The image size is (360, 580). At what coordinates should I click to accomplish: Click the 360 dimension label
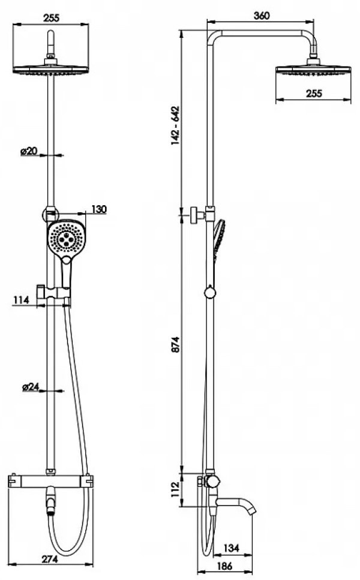(x=262, y=16)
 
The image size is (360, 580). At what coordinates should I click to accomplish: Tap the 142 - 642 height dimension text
(x=175, y=126)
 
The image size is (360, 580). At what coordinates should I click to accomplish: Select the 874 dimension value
(x=175, y=344)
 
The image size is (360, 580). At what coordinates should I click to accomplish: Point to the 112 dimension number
(x=175, y=489)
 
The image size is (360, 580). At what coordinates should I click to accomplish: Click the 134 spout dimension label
(x=232, y=548)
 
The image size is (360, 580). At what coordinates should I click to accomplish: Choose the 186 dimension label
(x=224, y=566)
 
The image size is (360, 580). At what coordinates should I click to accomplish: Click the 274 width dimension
(x=50, y=559)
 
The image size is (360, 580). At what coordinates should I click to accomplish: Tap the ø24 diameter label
(x=31, y=387)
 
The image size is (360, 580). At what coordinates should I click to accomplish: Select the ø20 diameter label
(x=29, y=151)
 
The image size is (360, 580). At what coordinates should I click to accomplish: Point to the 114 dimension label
(x=21, y=300)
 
